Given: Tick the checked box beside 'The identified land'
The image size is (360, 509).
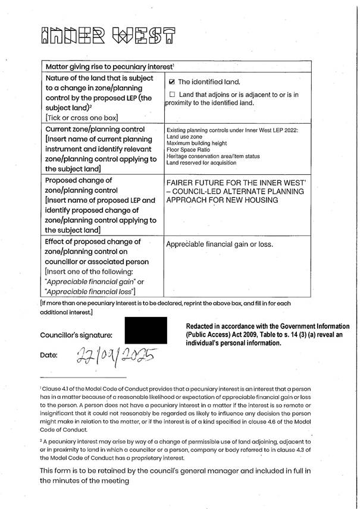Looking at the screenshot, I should coord(173,81).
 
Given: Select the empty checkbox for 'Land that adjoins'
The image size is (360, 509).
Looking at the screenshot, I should coord(173,95).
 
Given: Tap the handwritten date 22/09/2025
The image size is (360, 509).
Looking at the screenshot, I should coord(114,356).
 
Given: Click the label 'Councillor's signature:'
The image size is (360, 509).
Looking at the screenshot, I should coord(76,335).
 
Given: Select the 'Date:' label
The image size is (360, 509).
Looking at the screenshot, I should coord(49,356).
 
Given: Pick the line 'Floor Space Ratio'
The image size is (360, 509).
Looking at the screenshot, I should coord(189,150).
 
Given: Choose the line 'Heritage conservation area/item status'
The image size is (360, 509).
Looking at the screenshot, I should coord(212,156).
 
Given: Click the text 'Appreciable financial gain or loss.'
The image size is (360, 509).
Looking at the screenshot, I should coord(217,244).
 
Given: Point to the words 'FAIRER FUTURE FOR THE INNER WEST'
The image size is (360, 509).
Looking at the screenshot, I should coord(235,183).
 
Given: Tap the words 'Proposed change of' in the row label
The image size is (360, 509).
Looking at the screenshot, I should coord(79,180).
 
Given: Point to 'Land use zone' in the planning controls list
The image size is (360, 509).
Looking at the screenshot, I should coord(184,137).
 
